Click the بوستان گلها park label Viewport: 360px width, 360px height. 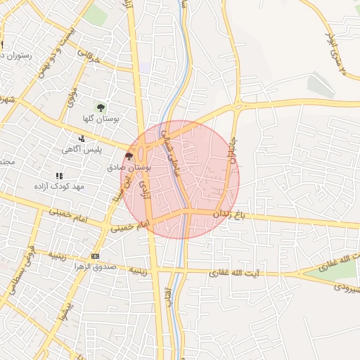coord(101,119)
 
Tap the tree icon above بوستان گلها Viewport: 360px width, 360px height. coord(101,108)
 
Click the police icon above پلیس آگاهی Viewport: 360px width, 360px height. coord(82,138)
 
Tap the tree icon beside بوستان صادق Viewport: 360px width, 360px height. coord(128,156)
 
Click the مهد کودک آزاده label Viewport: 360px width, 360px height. coord(59,186)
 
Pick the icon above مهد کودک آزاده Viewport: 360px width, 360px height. coord(59,175)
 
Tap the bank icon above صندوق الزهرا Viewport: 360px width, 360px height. coord(95,256)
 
